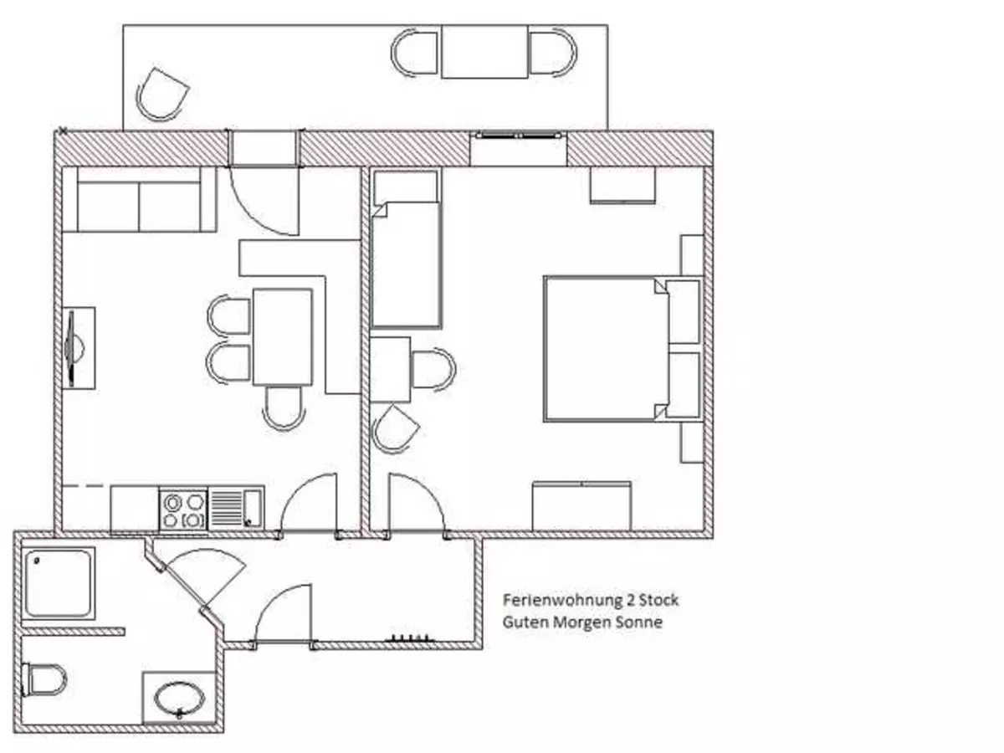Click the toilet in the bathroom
point(45,679)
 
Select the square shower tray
point(58,582)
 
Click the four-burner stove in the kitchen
point(183,510)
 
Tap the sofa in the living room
point(139,200)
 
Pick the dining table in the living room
point(282,336)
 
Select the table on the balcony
point(484,52)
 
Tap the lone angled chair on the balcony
point(161,94)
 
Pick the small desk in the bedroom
point(390,369)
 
